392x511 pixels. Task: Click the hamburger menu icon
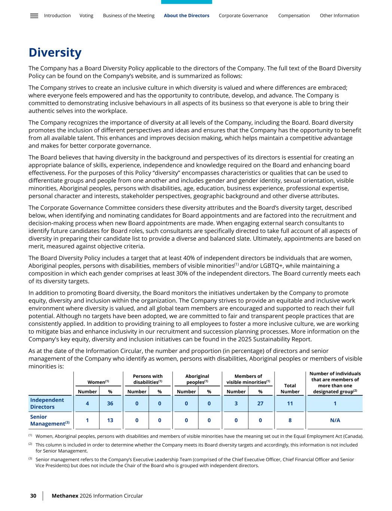(x=34, y=16)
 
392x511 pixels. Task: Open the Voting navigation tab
(x=86, y=16)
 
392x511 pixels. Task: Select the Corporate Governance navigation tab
(x=243, y=16)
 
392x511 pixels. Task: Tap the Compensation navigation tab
(x=294, y=16)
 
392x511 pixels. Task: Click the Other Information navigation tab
(x=339, y=16)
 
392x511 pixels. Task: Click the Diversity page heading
(x=55, y=53)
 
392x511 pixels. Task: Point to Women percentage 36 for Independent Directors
(x=110, y=404)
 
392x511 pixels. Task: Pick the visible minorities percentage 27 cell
(x=260, y=404)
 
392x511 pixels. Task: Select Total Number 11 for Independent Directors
(x=290, y=404)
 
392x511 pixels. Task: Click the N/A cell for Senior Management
(x=335, y=420)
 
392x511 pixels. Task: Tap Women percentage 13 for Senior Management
(x=110, y=420)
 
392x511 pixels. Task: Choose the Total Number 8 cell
(x=290, y=420)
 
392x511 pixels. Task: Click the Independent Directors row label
(x=47, y=404)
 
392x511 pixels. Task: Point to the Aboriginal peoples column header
(x=197, y=379)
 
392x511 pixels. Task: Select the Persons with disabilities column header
(x=148, y=379)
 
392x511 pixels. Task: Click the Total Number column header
(x=290, y=389)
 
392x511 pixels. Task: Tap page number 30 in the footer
(x=33, y=496)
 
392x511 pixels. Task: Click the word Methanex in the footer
(x=65, y=496)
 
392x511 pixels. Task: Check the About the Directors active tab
(x=186, y=16)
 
